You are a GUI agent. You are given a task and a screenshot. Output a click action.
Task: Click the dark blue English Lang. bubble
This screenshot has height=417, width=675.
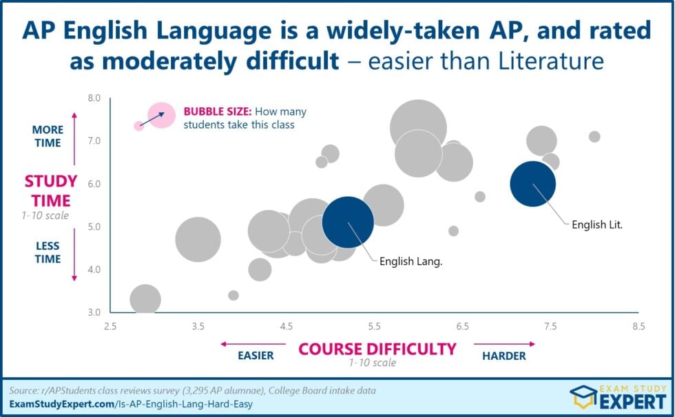(x=348, y=222)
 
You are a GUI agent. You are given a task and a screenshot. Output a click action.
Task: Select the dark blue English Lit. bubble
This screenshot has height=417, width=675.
(x=532, y=184)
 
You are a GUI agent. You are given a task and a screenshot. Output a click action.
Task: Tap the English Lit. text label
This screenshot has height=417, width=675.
(x=596, y=224)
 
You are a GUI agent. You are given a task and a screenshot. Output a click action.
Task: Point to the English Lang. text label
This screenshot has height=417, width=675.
(x=411, y=261)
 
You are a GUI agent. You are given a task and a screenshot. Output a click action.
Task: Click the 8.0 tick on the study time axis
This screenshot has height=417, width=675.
(x=93, y=98)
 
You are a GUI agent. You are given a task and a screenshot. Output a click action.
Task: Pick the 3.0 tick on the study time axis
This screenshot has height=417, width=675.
(x=93, y=312)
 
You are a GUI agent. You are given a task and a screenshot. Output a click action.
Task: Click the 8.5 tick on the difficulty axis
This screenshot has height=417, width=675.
(x=638, y=325)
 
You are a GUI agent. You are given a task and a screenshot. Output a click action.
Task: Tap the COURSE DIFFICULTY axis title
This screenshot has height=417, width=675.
(x=377, y=349)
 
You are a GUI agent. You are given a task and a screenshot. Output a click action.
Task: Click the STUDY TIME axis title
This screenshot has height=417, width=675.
(x=48, y=191)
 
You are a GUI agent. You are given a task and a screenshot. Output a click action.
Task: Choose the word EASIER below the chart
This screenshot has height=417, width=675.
(x=256, y=356)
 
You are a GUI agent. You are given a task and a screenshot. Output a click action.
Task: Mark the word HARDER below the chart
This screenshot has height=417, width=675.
(x=503, y=356)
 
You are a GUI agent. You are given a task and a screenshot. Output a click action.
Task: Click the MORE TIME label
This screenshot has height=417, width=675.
(x=48, y=136)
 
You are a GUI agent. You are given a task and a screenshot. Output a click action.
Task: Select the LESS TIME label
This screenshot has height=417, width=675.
(x=48, y=253)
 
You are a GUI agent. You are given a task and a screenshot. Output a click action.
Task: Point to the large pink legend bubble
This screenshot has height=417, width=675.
(x=163, y=114)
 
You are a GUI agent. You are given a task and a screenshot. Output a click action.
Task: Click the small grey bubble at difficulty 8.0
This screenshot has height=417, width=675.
(x=594, y=136)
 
